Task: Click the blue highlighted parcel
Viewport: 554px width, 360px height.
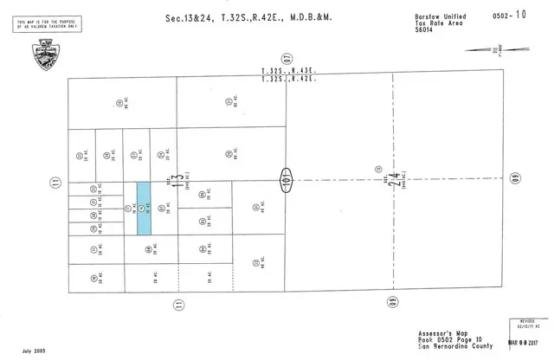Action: [x=144, y=208]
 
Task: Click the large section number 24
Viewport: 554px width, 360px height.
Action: [x=393, y=180]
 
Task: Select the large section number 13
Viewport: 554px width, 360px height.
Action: [x=177, y=180]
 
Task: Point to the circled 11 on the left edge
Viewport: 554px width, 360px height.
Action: [x=55, y=182]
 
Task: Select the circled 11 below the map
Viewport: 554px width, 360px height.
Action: [x=177, y=304]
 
